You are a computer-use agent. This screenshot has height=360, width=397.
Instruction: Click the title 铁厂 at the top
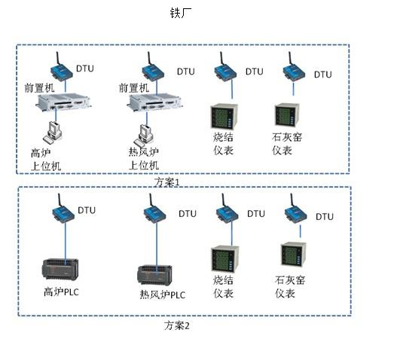(x=181, y=13)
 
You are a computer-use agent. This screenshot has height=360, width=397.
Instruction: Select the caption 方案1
(x=167, y=182)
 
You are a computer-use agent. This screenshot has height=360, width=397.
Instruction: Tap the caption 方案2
(x=177, y=325)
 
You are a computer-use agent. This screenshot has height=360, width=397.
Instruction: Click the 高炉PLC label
(x=61, y=291)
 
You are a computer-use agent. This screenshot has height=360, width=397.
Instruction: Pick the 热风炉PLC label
(x=163, y=294)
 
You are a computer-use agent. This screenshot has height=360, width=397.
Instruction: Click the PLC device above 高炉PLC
(x=60, y=269)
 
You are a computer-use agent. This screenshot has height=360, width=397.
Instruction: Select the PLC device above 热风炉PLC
(x=154, y=275)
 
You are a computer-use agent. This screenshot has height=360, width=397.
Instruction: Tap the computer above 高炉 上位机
(x=53, y=132)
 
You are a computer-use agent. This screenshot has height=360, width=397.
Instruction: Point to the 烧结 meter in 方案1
(x=224, y=117)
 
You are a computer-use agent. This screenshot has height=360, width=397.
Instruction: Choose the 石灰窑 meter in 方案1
(x=287, y=115)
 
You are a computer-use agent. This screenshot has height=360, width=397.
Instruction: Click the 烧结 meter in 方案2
(x=225, y=259)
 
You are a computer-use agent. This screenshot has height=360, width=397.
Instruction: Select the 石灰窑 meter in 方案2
(x=294, y=255)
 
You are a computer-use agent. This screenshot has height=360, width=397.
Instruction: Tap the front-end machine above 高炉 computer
(x=63, y=102)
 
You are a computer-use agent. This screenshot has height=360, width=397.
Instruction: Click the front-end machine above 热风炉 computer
(x=154, y=102)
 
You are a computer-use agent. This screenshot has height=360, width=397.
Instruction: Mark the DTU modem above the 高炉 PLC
(x=63, y=209)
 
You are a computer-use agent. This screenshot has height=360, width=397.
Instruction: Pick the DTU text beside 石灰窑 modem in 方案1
(x=323, y=75)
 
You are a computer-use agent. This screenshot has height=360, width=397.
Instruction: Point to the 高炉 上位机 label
(x=46, y=160)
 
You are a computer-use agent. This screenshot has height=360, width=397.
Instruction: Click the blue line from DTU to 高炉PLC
(x=66, y=243)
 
